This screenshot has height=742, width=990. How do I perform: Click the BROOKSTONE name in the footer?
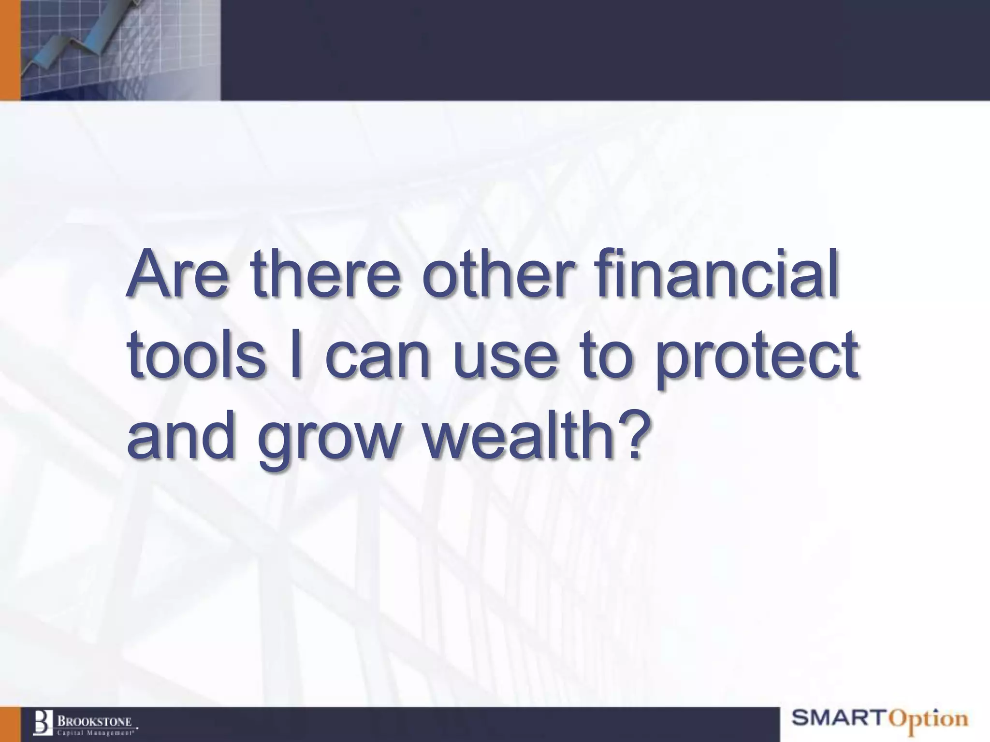95,721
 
